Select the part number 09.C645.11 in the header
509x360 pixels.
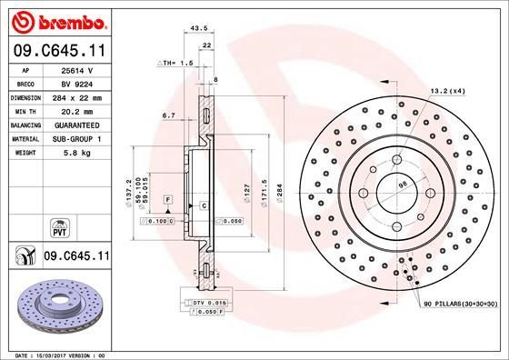pos(56,51)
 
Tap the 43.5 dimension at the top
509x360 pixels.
pos(193,29)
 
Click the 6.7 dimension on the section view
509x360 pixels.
pos(168,115)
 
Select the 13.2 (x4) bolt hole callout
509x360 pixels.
pos(446,90)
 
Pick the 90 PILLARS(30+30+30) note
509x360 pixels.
pos(458,303)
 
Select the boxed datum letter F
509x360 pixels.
pos(167,198)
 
